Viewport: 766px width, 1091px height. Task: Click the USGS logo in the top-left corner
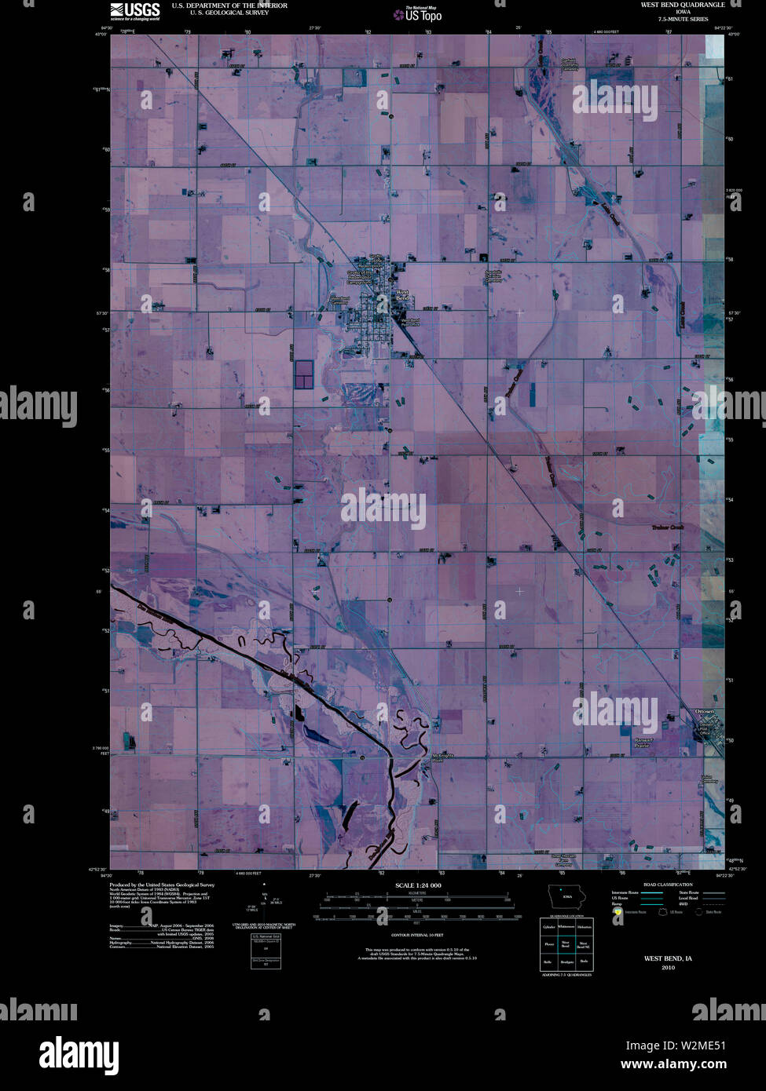click(x=134, y=10)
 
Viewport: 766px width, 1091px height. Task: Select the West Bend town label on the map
click(x=401, y=295)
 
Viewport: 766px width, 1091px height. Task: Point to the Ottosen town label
click(x=705, y=711)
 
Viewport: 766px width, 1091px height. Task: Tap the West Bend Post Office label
click(x=410, y=322)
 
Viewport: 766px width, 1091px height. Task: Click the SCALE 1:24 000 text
click(x=419, y=885)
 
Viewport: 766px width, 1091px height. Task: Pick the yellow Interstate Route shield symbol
click(x=618, y=912)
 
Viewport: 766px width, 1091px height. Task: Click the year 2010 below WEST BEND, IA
click(x=668, y=968)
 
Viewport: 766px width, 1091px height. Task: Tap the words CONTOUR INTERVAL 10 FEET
click(x=417, y=936)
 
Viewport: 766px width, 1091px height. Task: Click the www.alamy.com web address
click(x=673, y=1065)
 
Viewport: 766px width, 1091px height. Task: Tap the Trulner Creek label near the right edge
click(x=668, y=527)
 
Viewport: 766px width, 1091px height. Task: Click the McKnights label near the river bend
click(x=442, y=756)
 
